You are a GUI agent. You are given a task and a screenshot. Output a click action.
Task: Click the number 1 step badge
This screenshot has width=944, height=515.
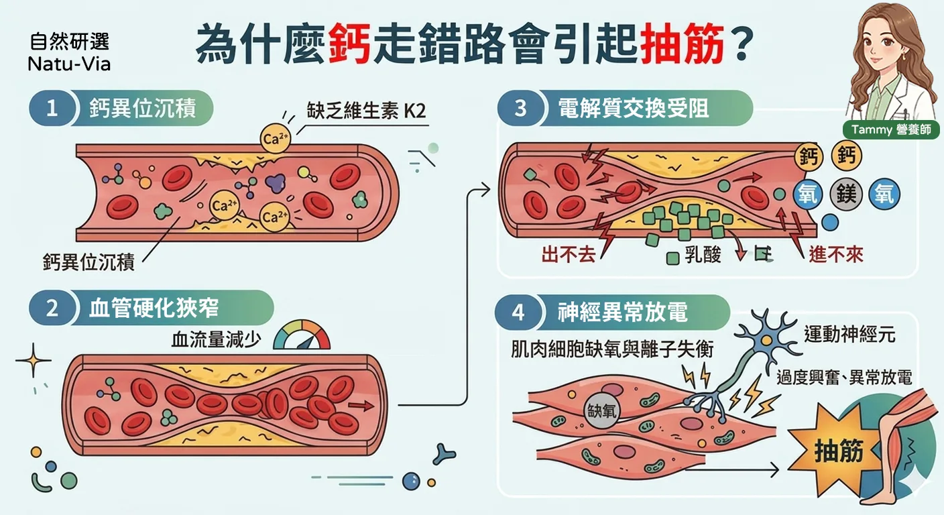(x=52, y=108)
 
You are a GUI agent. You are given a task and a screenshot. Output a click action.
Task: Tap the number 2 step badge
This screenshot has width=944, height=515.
(x=52, y=308)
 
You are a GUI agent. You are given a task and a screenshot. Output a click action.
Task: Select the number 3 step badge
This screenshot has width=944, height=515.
(x=520, y=108)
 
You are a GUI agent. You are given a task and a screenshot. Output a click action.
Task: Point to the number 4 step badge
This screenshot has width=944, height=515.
(x=518, y=312)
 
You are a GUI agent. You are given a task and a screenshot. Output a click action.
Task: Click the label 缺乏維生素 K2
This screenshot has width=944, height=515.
(x=366, y=111)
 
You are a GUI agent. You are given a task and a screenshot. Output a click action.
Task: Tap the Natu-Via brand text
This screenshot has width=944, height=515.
(x=69, y=64)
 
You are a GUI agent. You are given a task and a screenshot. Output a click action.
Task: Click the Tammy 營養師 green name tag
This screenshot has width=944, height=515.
(x=891, y=129)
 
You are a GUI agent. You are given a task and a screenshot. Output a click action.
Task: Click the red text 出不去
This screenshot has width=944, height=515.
(x=568, y=255)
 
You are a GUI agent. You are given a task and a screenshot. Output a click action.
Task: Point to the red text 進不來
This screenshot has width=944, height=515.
(x=835, y=255)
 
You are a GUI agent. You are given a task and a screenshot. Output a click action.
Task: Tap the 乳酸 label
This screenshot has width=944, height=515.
(x=703, y=255)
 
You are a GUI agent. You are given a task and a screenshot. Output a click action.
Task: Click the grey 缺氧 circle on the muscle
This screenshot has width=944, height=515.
(x=602, y=411)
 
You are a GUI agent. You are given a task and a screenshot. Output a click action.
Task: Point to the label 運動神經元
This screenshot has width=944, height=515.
(x=849, y=335)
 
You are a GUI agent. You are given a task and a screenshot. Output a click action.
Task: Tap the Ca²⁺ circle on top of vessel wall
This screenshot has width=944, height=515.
(x=275, y=138)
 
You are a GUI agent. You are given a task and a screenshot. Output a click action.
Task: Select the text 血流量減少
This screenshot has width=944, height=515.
(x=216, y=339)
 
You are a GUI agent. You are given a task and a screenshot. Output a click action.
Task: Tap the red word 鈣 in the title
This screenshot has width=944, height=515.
(x=349, y=44)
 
